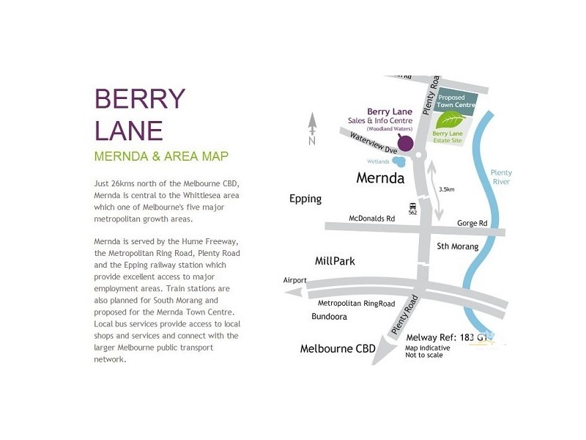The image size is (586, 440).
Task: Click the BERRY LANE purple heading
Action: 140,114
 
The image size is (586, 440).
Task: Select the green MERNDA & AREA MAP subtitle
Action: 161,156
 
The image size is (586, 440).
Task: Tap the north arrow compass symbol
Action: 312,129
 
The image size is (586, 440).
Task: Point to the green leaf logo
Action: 448,120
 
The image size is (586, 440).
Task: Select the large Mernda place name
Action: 380,177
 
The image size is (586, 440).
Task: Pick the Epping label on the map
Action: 305,199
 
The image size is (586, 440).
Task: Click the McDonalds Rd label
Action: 371,219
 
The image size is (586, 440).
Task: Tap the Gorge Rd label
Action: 472,222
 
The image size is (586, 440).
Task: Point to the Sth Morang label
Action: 457,246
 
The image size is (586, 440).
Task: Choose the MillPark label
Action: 335,260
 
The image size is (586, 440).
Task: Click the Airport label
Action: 295,280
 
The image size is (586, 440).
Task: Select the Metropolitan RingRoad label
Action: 357,303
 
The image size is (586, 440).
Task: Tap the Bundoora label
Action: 327,317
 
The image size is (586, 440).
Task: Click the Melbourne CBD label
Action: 338,348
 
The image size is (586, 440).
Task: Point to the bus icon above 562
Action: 413,207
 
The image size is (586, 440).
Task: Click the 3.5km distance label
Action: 447,189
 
